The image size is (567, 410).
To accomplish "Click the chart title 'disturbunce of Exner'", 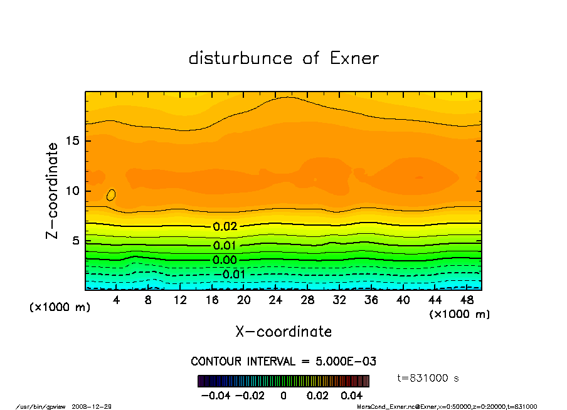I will click(283, 58).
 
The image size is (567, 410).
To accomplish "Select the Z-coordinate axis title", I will click(53, 191).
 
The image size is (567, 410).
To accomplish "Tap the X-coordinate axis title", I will click(283, 332).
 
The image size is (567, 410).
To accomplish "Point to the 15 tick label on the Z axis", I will click(72, 141).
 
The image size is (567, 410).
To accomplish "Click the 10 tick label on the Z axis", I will click(72, 191).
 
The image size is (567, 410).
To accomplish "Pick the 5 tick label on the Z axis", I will click(75, 241).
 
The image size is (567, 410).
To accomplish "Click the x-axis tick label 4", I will click(117, 300).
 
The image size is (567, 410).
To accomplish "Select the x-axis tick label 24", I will click(275, 300).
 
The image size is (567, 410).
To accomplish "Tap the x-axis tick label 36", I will click(371, 300).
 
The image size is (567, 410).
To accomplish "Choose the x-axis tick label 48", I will click(466, 300).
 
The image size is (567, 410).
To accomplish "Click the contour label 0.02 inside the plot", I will click(225, 227).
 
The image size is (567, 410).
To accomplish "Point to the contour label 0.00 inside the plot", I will click(225, 260).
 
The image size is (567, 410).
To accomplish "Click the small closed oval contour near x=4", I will click(111, 195).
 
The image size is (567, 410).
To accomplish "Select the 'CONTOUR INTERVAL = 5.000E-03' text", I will click(283, 362).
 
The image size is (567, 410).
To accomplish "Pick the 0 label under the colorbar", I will click(283, 396).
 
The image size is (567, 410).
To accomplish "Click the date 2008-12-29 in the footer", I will click(96, 406).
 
